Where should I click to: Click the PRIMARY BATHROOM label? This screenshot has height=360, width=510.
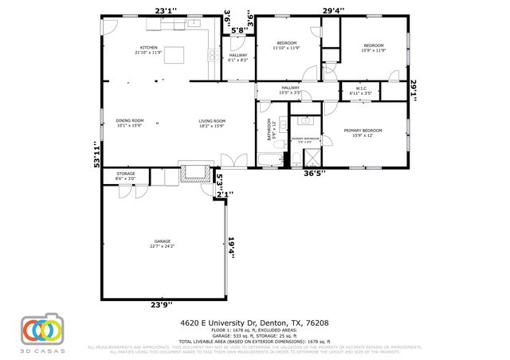pos(304,139)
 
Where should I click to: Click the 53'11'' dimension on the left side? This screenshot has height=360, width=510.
pos(96,153)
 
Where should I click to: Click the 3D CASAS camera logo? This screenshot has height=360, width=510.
pos(41,329)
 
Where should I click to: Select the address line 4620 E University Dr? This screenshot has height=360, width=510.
pos(253,323)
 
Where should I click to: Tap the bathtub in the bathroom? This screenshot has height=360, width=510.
pos(270,162)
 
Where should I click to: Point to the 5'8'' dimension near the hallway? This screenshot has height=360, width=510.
pos(236,33)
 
